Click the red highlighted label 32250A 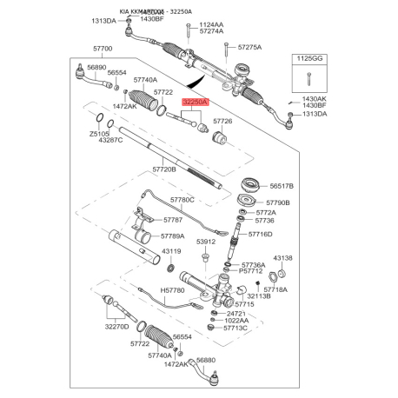point(194,102)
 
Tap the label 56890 point(72,67)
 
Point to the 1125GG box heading point(308,57)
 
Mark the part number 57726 point(223,122)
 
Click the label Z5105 point(99,134)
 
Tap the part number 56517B point(282,186)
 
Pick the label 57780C point(182,200)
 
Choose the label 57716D point(258,234)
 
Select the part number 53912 point(206,242)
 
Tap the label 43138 point(283,258)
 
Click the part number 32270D point(117,327)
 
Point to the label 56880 point(206,360)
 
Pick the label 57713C point(235,328)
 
